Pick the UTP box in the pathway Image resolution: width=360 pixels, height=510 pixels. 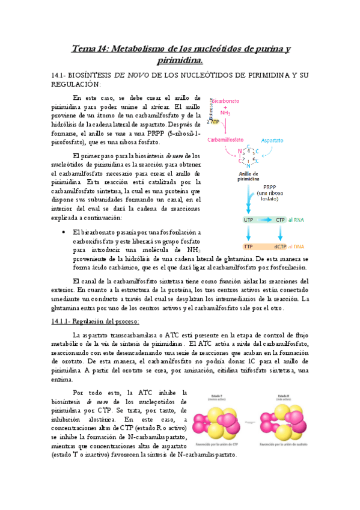249,220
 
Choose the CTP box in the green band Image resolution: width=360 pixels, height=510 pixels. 280,220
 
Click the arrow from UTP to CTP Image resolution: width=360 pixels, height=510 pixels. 264,220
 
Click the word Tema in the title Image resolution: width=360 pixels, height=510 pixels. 84,48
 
